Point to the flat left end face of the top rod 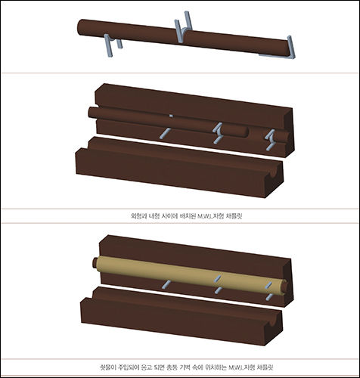[79, 27]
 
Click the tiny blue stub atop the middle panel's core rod [171, 116]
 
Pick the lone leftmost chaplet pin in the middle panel [165, 133]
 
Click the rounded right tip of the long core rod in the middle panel [246, 132]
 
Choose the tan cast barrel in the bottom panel [191, 275]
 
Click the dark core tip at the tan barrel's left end [95, 263]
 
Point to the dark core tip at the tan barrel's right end [286, 287]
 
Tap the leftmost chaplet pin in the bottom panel [166, 284]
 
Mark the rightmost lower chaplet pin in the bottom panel [269, 297]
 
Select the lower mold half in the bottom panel [181, 317]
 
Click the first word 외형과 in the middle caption [138, 216]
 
